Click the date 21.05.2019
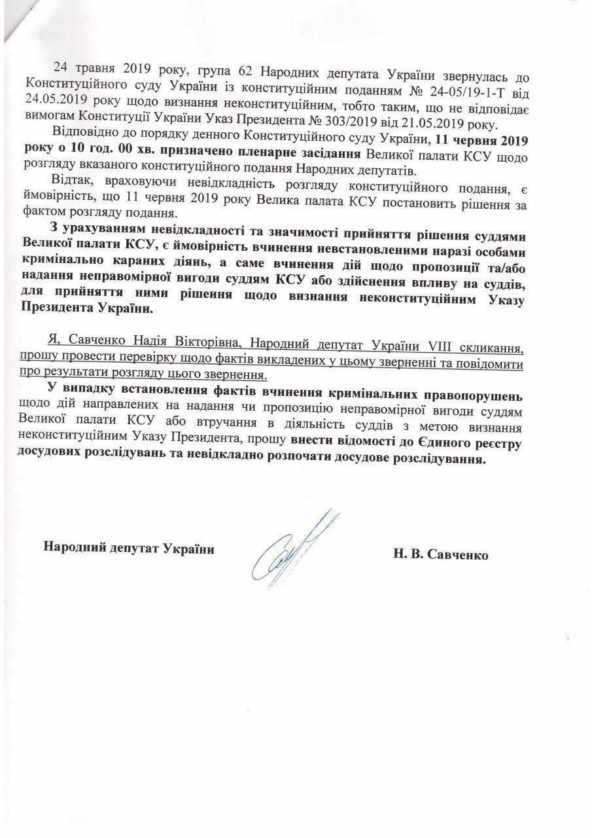pyautogui.click(x=442, y=124)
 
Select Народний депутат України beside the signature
pyautogui.click(x=129, y=547)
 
